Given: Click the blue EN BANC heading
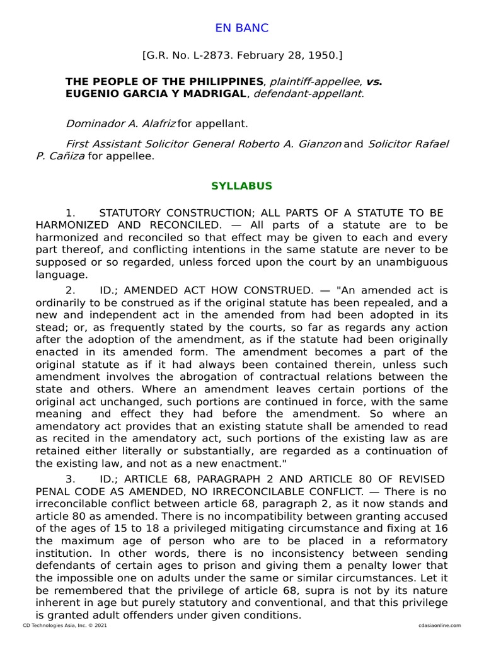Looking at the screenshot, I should pyautogui.click(x=242, y=28).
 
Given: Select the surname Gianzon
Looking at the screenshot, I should pyautogui.click(x=314, y=144).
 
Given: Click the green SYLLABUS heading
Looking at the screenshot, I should pyautogui.click(x=242, y=186).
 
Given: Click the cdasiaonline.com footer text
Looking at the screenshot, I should pyautogui.click(x=439, y=625).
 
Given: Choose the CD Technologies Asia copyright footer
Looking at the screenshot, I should pyautogui.click(x=60, y=625).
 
